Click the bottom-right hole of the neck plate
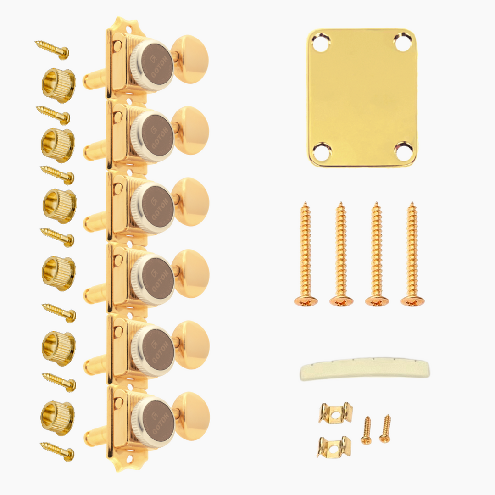click(x=403, y=150)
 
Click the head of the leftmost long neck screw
click(x=306, y=301)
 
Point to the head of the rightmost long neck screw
click(x=412, y=301)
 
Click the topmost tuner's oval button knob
click(x=190, y=59)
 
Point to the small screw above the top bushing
click(x=52, y=50)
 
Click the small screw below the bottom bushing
click(x=57, y=451)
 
